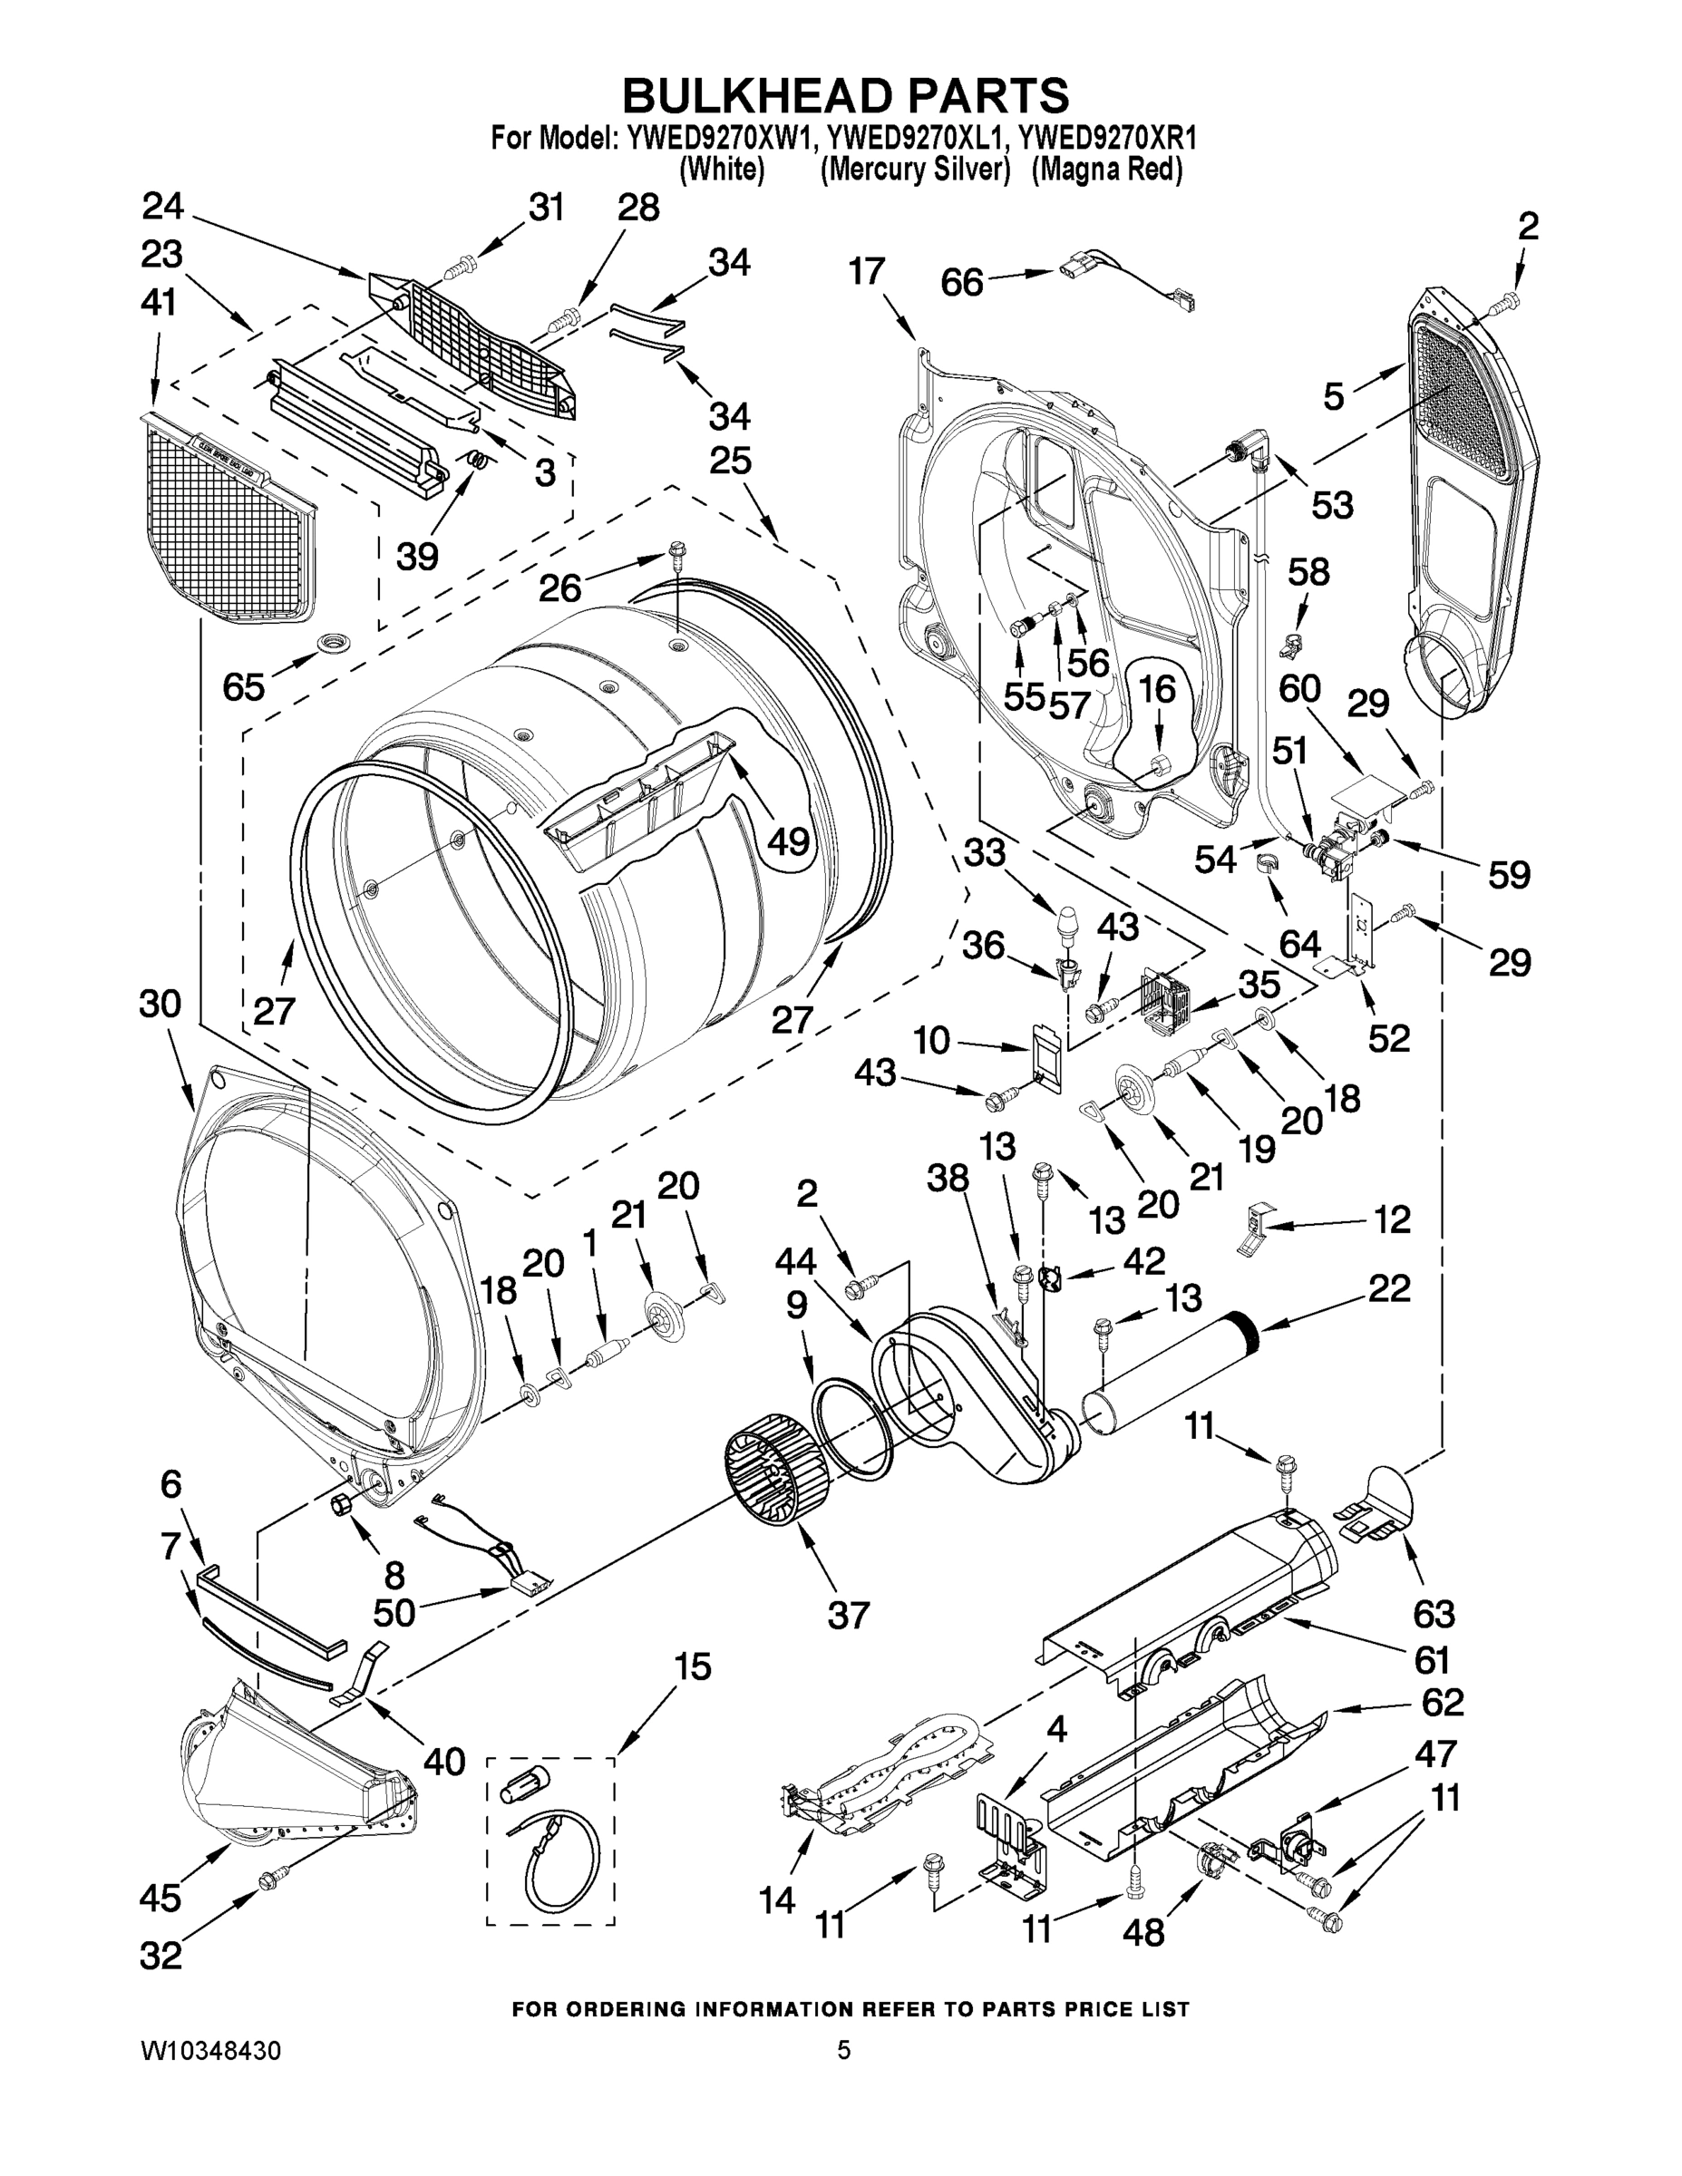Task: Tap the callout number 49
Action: tap(789, 843)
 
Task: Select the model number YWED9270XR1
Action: tap(1107, 138)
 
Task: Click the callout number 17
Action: tap(867, 271)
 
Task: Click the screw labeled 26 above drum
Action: tap(676, 550)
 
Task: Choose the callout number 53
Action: tap(1332, 504)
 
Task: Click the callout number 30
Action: tap(160, 1005)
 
